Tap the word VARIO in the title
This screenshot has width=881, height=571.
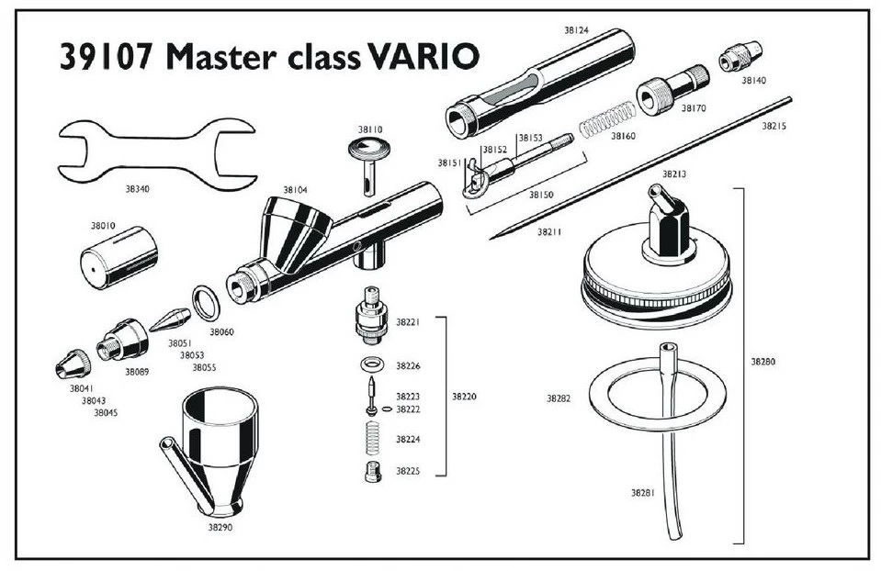[x=424, y=57]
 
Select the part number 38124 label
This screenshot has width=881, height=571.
[x=576, y=30]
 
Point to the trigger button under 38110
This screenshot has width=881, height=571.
[x=369, y=166]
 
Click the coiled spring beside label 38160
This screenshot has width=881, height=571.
[x=607, y=119]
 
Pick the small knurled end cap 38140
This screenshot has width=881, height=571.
[x=740, y=56]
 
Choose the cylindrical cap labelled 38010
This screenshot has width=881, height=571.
[x=119, y=258]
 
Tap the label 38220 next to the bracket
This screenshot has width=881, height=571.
[x=464, y=397]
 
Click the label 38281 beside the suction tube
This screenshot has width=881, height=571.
[x=643, y=493]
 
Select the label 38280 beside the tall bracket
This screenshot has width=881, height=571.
[x=763, y=362]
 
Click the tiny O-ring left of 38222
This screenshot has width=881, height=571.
[x=387, y=409]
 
